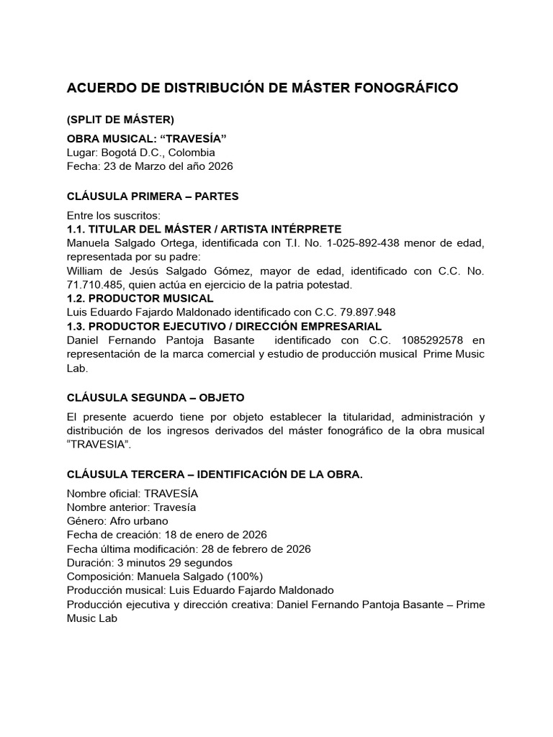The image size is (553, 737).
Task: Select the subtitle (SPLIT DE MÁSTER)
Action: [120, 119]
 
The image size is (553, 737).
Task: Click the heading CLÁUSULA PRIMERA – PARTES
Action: [153, 196]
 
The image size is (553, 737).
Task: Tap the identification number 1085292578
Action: [422, 340]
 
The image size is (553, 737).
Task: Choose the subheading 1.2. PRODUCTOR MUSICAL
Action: [140, 298]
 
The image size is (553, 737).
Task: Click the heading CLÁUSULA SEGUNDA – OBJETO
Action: [156, 397]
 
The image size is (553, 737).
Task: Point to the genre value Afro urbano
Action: [140, 520]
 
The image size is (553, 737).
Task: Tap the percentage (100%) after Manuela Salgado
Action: [241, 577]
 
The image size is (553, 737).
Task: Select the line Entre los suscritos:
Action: [114, 215]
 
